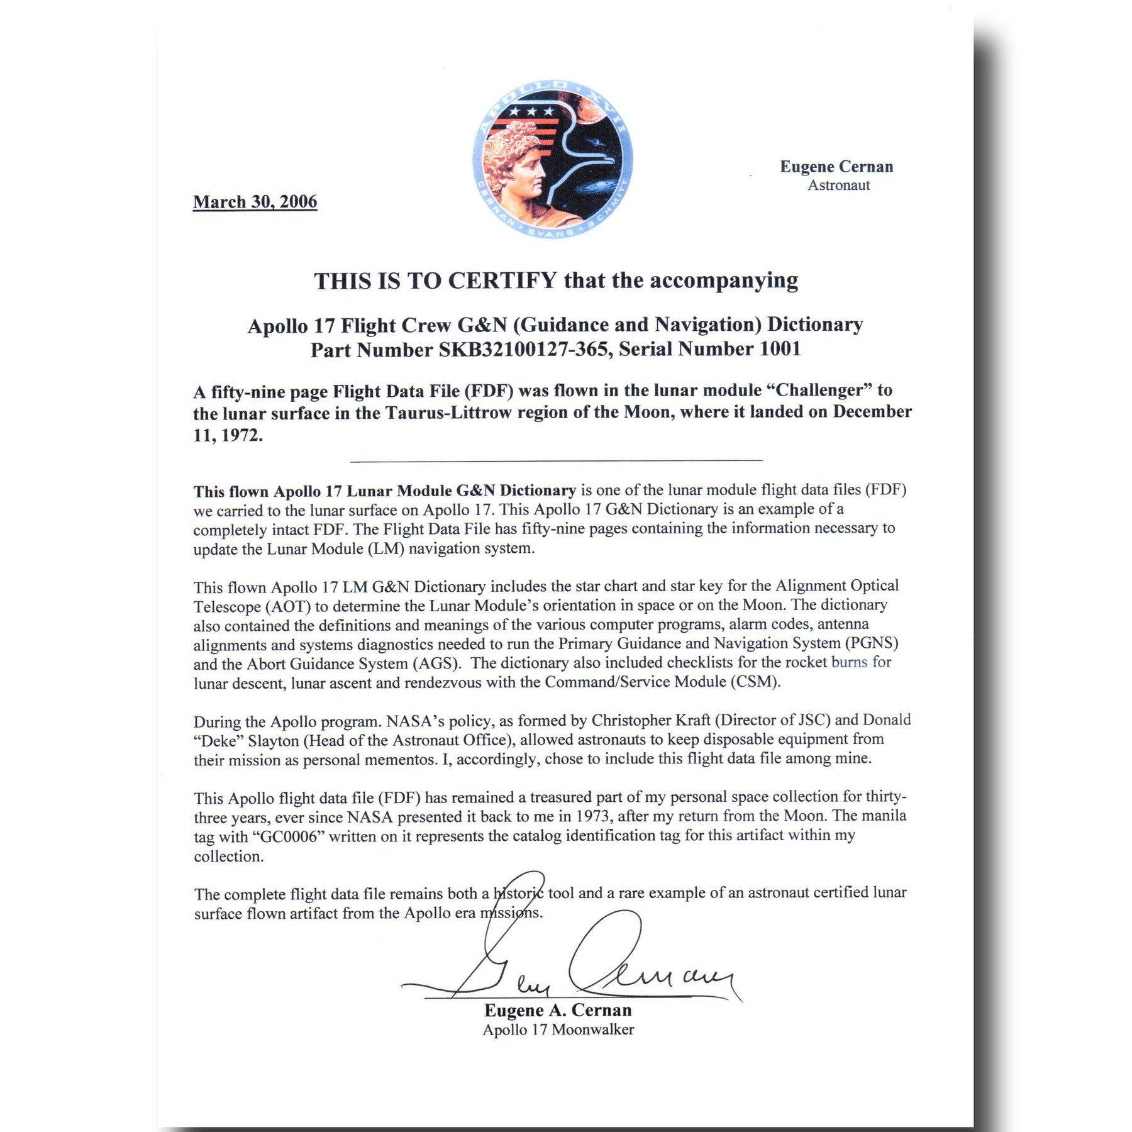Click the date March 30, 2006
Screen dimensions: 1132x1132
click(255, 202)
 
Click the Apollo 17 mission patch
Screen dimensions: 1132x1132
click(552, 160)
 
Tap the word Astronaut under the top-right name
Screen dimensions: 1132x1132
click(838, 186)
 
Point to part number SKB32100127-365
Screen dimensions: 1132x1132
click(524, 349)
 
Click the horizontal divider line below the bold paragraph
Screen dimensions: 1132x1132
click(556, 461)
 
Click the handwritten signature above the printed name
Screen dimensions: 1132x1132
click(572, 962)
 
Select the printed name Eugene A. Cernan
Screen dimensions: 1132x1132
click(558, 1011)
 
